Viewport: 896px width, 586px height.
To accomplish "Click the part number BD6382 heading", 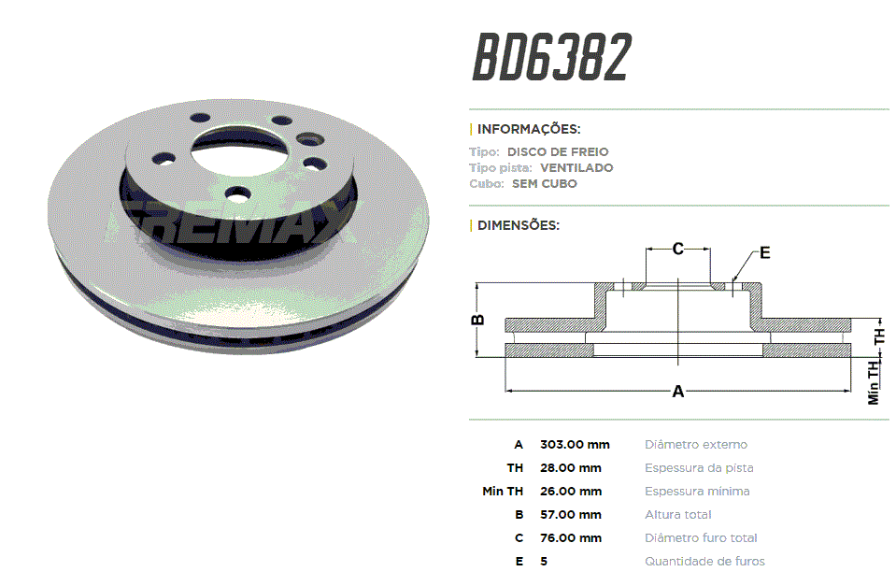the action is point(551,57).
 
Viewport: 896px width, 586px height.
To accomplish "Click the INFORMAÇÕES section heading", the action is point(529,129).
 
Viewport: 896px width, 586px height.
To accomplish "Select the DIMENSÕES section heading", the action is point(519,225).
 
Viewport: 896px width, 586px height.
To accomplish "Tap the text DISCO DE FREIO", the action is point(558,152).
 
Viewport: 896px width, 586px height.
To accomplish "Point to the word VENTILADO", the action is point(576,168).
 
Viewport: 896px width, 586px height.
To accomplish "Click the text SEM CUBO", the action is point(545,184).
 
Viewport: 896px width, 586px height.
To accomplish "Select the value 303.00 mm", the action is point(575,445).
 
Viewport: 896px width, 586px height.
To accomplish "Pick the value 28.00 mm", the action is point(571,468).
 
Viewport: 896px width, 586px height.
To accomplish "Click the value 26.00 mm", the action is point(571,492).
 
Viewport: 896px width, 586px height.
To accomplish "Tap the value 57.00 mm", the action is point(571,515).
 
